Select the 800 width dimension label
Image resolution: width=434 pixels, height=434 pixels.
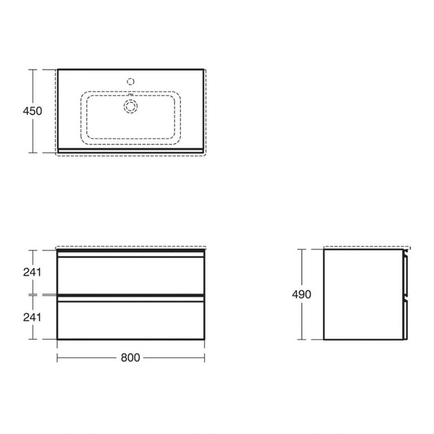click(130, 358)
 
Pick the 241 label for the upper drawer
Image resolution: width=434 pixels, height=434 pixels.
click(32, 271)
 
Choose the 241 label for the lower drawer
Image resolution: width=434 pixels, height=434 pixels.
click(32, 317)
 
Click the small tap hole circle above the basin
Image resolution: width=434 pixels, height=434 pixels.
click(130, 81)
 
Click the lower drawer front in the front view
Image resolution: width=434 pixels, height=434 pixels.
click(130, 319)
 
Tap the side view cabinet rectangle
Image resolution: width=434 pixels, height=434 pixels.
click(363, 294)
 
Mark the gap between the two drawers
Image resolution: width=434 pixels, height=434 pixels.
click(130, 294)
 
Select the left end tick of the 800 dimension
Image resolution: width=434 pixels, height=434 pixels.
click(57, 358)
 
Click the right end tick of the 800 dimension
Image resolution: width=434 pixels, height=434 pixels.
click(204, 358)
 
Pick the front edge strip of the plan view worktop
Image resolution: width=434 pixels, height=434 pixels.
click(130, 150)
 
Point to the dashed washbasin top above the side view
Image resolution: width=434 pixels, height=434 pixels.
click(366, 246)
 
